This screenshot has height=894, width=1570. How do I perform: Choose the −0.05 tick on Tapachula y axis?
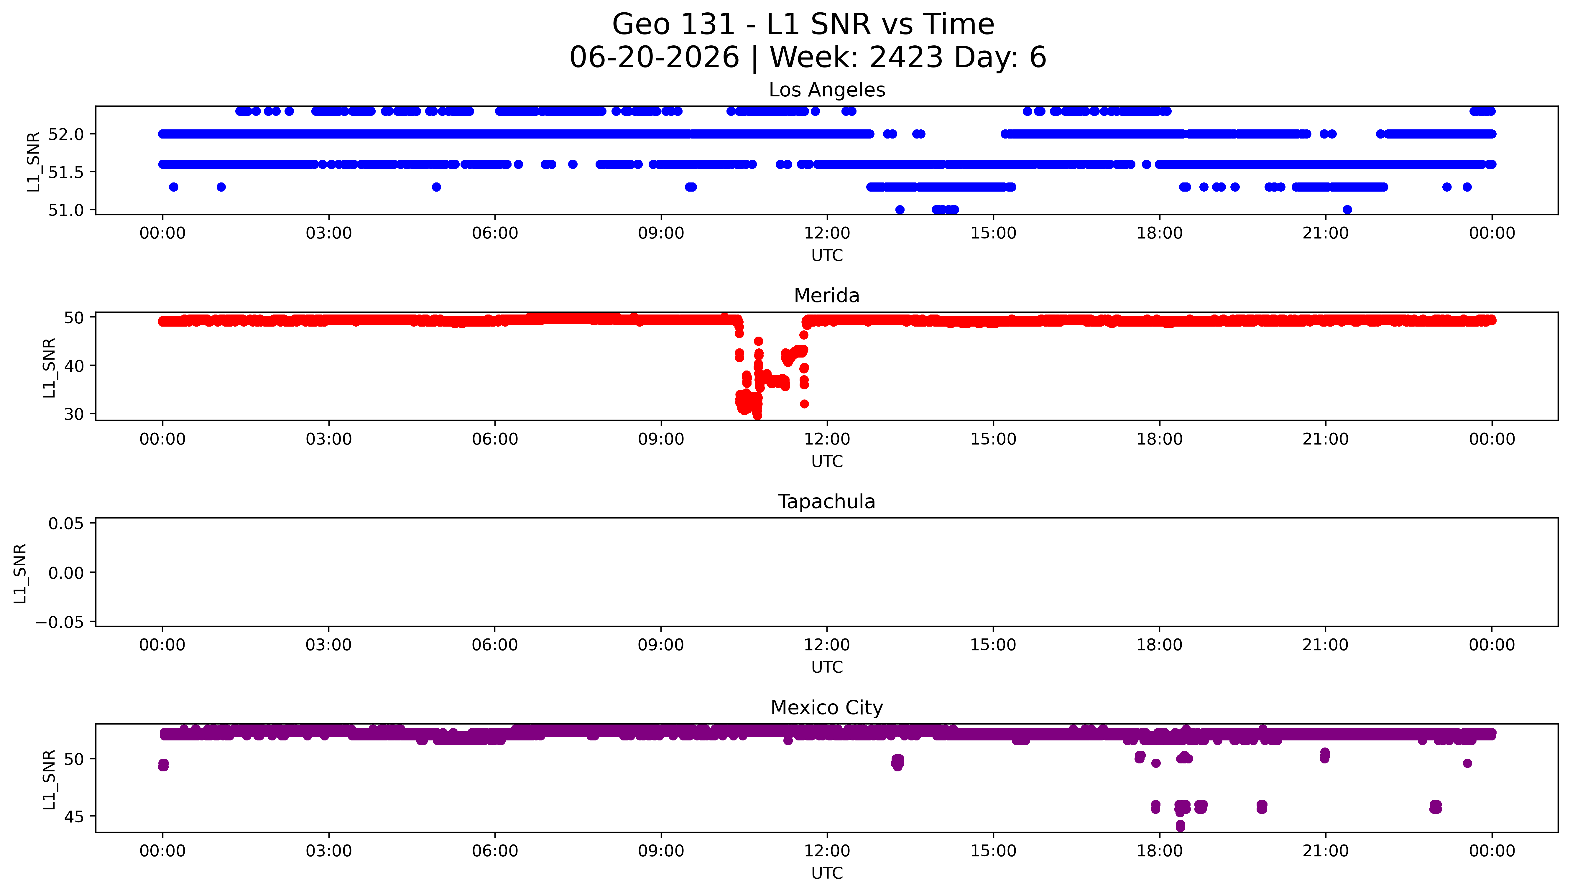click(60, 622)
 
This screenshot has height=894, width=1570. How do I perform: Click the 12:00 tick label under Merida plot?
click(827, 439)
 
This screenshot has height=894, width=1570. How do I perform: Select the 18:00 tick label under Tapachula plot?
click(1159, 645)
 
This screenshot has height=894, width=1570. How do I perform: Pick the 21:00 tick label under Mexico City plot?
click(1326, 851)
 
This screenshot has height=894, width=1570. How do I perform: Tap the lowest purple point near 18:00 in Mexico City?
click(1180, 827)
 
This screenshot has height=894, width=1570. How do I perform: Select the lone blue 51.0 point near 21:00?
click(1347, 210)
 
